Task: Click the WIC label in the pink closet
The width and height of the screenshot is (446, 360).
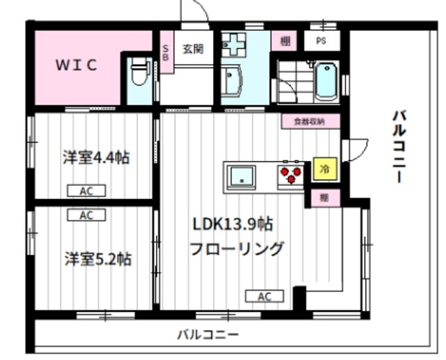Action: tap(77, 65)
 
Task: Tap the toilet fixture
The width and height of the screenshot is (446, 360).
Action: tap(139, 72)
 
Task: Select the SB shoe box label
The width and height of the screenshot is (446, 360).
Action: tap(166, 52)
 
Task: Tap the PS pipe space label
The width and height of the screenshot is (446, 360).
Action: tap(321, 40)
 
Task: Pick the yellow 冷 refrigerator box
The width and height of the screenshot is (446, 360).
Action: tap(323, 169)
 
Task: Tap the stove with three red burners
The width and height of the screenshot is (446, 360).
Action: tap(291, 173)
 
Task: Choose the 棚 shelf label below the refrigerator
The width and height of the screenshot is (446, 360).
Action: tap(324, 197)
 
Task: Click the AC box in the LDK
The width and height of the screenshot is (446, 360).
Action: tap(263, 297)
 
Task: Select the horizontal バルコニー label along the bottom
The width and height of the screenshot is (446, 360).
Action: tap(207, 334)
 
